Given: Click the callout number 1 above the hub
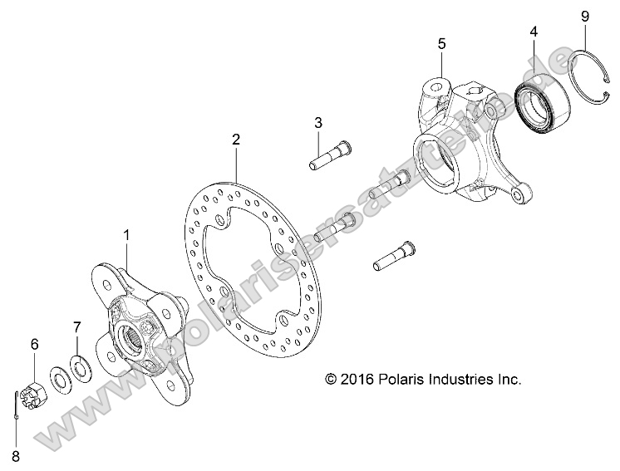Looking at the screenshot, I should coord(127,235).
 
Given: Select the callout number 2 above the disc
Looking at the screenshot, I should coord(236,140).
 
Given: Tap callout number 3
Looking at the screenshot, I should coord(318,123).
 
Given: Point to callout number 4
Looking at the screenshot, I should coord(534,32).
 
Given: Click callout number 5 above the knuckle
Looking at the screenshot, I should coord(442,42).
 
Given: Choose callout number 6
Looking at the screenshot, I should coord(34,344).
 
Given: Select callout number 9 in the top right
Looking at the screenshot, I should coord(584,16).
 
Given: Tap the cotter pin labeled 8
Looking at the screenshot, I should coord(17,402).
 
